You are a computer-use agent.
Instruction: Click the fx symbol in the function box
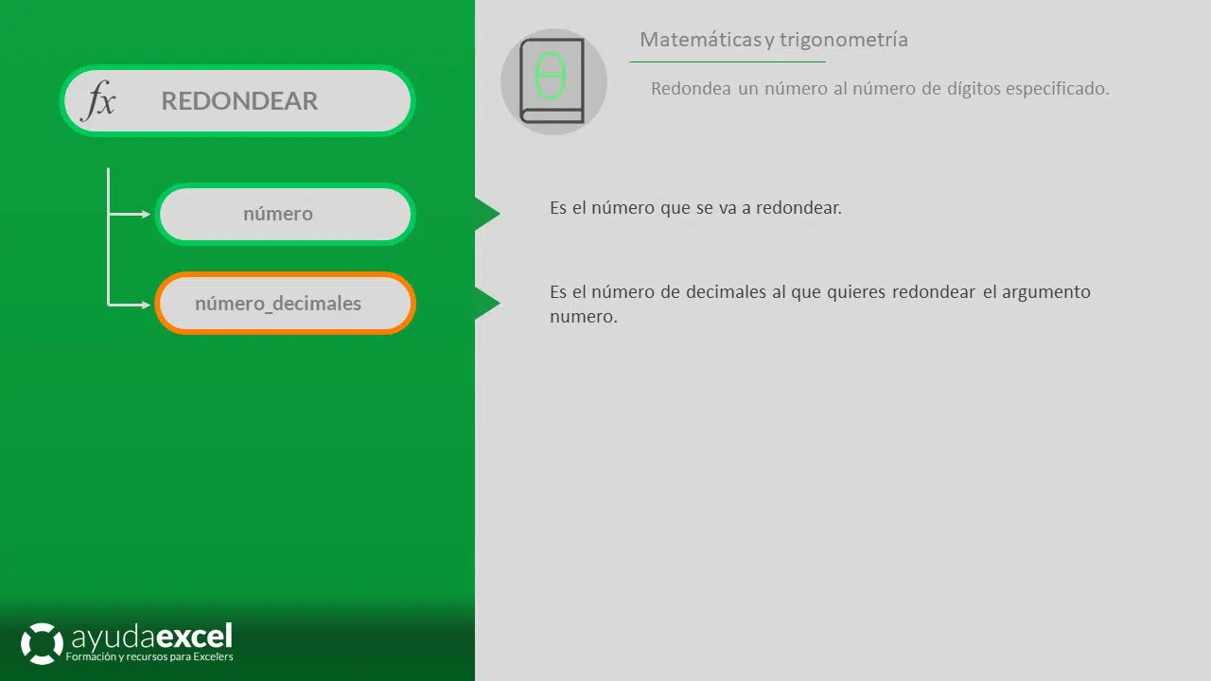[x=99, y=100]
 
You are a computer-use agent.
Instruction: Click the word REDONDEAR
[x=239, y=101]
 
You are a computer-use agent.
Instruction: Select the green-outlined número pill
[x=285, y=214]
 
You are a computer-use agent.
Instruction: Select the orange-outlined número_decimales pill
[x=285, y=304]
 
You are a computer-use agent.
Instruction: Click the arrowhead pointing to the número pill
[x=146, y=214]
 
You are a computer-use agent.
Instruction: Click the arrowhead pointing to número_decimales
[x=146, y=305]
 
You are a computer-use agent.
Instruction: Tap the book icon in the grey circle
[x=553, y=81]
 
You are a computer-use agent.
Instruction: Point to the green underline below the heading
[x=728, y=62]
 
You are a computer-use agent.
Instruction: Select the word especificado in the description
[x=1057, y=89]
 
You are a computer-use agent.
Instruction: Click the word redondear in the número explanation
[x=799, y=207]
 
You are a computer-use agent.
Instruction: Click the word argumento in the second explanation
[x=1046, y=292]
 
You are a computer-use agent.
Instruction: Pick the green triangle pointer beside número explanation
[x=486, y=214]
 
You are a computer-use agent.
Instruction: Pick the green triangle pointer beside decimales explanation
[x=486, y=304]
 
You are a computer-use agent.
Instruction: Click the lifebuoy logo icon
[x=42, y=643]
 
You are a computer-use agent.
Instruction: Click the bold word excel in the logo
[x=195, y=637]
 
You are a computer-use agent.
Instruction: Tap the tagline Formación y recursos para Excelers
[x=149, y=656]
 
